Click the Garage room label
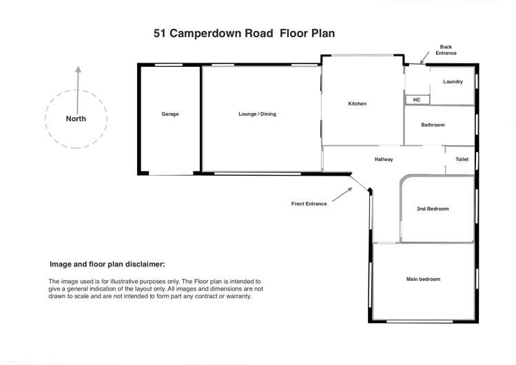pos(170,114)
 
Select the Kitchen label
pos(357,104)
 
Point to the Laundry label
pos(453,82)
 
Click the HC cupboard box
pos(417,100)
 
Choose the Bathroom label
pos(433,125)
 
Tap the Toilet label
pos(462,159)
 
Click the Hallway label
pos(384,159)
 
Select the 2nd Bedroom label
pos(433,209)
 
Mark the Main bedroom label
pos(423,279)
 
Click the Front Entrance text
pos(309,204)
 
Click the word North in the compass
pos(76,118)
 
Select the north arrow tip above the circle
pos(78,68)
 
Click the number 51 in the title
pos(161,32)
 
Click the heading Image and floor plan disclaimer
pos(107,264)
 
